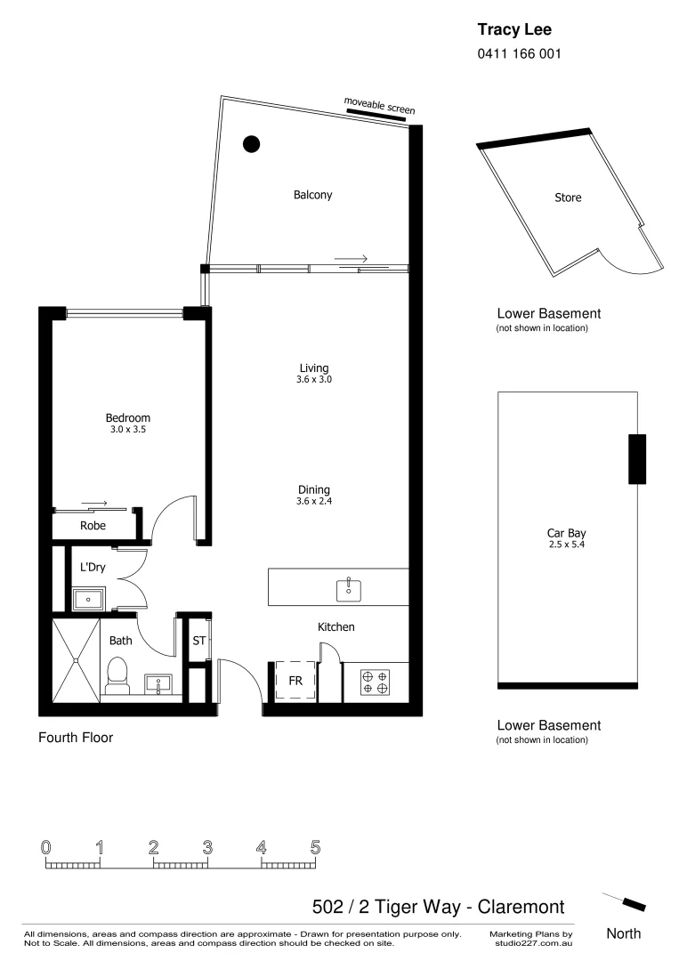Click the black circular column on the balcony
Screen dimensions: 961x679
pyautogui.click(x=252, y=142)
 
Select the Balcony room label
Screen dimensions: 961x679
pyautogui.click(x=312, y=195)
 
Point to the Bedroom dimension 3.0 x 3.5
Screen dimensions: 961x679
pyautogui.click(x=128, y=430)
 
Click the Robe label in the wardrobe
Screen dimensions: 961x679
pyautogui.click(x=93, y=526)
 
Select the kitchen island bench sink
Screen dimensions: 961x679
pyautogui.click(x=348, y=588)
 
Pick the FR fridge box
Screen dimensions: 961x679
pyautogui.click(x=295, y=681)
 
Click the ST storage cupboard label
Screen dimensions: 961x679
pyautogui.click(x=199, y=640)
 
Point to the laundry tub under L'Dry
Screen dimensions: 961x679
pyautogui.click(x=89, y=599)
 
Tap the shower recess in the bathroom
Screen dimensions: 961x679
pyautogui.click(x=76, y=659)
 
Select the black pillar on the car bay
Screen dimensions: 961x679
pyautogui.click(x=636, y=459)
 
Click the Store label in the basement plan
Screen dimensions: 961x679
pyautogui.click(x=568, y=198)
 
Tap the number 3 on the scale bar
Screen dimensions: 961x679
pyautogui.click(x=207, y=847)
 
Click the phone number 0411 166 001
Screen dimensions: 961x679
pyautogui.click(x=520, y=53)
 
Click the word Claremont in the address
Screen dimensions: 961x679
pyautogui.click(x=521, y=907)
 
